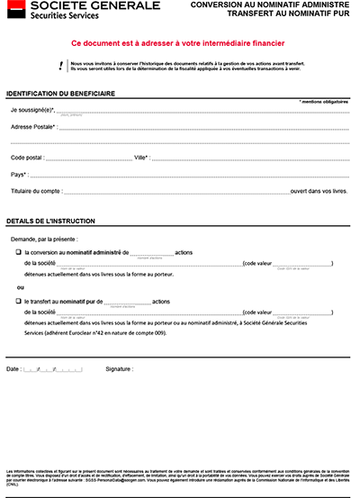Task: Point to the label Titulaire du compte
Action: [x=36, y=192]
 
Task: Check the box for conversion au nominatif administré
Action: [x=18, y=253]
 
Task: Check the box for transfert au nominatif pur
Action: [x=18, y=301]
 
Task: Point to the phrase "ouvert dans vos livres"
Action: [x=319, y=192]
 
